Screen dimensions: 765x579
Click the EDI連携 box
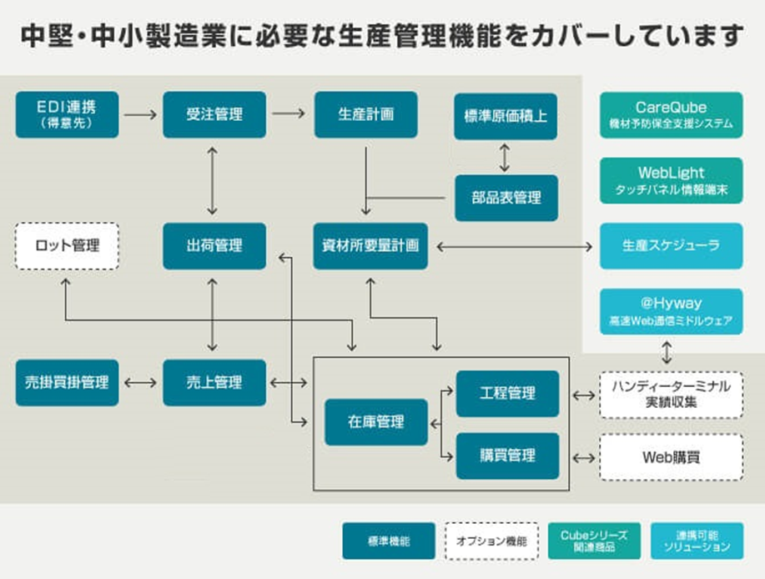pyautogui.click(x=67, y=114)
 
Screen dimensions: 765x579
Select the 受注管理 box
pyautogui.click(x=214, y=114)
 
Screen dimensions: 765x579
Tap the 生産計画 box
pyautogui.click(x=366, y=114)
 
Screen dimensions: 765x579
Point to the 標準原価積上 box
pyautogui.click(x=506, y=117)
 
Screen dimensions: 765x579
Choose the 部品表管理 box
pyautogui.click(x=506, y=198)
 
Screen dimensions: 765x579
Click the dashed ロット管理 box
pyautogui.click(x=67, y=246)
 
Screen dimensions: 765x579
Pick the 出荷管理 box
pyautogui.click(x=214, y=246)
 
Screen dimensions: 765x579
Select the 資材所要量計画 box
pyautogui.click(x=370, y=246)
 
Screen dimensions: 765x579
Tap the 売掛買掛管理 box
pyautogui.click(x=67, y=382)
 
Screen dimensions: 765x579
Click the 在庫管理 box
pyautogui.click(x=376, y=422)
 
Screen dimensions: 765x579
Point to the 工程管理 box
pyautogui.click(x=507, y=394)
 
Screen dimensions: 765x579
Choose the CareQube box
pyautogui.click(x=672, y=115)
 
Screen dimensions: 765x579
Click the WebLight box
pyautogui.click(x=672, y=180)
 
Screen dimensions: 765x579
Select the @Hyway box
pyautogui.click(x=672, y=311)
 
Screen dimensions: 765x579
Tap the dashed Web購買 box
pyautogui.click(x=672, y=457)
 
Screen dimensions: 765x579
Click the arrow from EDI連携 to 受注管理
pyautogui.click(x=140, y=114)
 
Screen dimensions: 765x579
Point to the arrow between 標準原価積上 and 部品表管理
pyautogui.click(x=505, y=158)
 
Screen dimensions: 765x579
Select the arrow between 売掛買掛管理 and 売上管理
pyautogui.click(x=140, y=383)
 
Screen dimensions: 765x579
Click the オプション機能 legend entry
pyautogui.click(x=491, y=541)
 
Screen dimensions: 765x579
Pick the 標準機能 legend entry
pyautogui.click(x=389, y=541)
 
